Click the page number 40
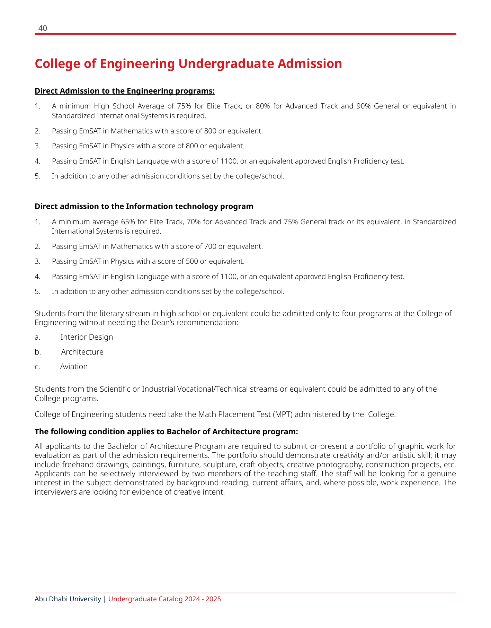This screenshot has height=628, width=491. click(43, 28)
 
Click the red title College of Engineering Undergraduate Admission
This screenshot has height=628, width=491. click(188, 64)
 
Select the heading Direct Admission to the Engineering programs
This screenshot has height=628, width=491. click(125, 91)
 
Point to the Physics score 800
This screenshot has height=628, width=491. click(192, 146)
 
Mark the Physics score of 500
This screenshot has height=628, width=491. click(192, 262)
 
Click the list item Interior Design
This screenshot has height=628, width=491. click(87, 337)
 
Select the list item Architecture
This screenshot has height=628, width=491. click(82, 352)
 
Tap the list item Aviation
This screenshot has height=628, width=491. click(74, 367)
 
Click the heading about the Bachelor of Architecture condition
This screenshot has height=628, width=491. click(166, 432)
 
